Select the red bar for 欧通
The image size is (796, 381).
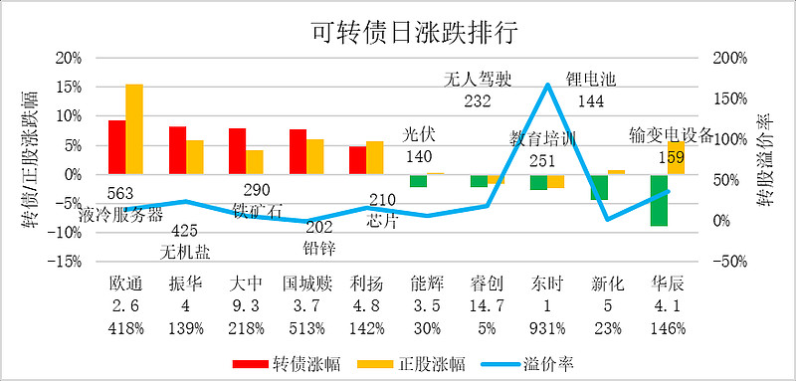click(116, 147)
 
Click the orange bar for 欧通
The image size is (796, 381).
click(134, 129)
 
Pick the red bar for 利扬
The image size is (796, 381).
click(357, 160)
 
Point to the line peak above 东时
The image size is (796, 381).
click(547, 85)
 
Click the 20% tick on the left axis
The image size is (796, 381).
click(68, 58)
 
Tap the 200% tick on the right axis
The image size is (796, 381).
click(731, 58)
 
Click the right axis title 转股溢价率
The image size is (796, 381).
click(772, 159)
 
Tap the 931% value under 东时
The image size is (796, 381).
click(547, 326)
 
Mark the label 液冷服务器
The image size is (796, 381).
click(125, 211)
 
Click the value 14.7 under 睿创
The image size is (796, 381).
click(488, 304)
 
